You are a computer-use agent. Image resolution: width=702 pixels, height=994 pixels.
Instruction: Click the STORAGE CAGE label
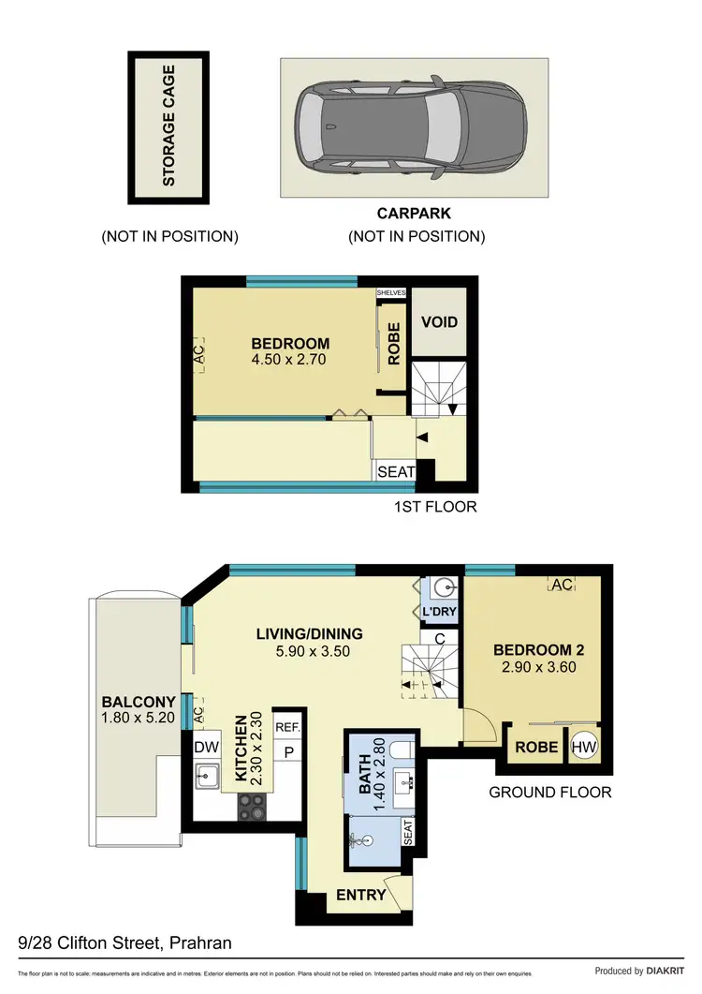tap(169, 126)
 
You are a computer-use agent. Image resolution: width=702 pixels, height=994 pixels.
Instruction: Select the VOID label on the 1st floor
tap(439, 322)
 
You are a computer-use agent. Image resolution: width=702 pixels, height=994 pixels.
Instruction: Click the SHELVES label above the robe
tap(391, 292)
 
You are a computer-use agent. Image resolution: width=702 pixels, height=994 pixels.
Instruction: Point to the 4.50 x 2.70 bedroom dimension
tap(291, 359)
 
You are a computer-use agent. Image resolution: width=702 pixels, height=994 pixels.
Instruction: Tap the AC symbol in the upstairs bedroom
tap(197, 356)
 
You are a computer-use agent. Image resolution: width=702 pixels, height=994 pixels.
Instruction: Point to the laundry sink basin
tap(444, 588)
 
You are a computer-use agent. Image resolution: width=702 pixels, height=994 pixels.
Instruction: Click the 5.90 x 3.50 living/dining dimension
tap(309, 651)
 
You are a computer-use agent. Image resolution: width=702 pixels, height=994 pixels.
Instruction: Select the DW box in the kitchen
tap(205, 748)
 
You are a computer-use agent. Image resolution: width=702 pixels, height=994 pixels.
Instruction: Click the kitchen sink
tap(207, 778)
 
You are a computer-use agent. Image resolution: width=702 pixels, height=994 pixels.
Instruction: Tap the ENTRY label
tap(360, 895)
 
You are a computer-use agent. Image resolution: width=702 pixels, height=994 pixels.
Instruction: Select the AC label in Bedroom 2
tap(562, 585)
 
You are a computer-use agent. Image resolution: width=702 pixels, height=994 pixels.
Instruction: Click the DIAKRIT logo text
tap(665, 972)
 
